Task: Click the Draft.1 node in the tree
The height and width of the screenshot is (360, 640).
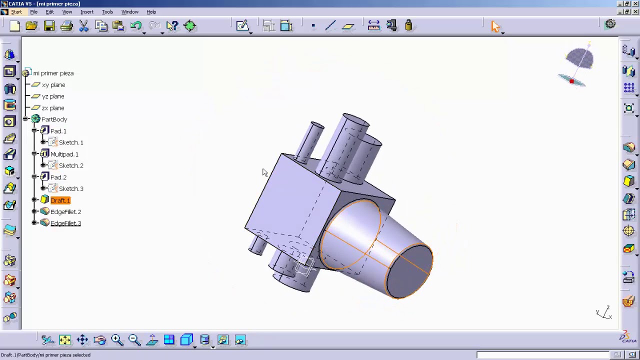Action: [60, 200]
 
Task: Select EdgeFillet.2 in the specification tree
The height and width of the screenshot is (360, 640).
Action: [65, 212]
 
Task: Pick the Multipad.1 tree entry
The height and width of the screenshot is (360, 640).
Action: [64, 154]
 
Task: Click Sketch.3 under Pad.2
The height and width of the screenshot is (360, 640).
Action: [71, 189]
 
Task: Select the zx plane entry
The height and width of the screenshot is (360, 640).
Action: [52, 108]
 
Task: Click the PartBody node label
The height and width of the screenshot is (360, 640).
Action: [54, 119]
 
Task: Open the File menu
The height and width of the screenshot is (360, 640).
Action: [33, 12]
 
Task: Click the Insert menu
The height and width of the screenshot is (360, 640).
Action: [86, 12]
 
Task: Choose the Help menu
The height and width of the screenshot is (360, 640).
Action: [151, 12]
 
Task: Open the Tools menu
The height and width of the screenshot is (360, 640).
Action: [107, 12]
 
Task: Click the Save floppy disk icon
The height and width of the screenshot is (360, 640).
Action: [49, 26]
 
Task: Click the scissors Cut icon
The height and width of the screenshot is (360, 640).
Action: [83, 26]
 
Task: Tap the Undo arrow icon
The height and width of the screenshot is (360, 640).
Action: [135, 26]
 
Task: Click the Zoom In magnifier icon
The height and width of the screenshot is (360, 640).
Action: [117, 340]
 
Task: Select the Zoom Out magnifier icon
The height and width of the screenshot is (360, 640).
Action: [134, 340]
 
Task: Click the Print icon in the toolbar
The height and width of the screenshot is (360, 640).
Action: [66, 26]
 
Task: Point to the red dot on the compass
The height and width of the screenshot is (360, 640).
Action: [571, 81]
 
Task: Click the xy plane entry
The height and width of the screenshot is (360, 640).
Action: [53, 85]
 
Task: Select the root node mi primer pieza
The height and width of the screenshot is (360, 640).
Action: [53, 73]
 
